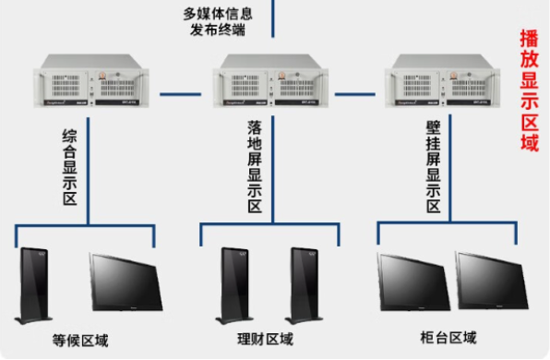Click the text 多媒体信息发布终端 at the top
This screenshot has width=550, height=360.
(x=218, y=20)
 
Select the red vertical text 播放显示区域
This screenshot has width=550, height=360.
(x=529, y=90)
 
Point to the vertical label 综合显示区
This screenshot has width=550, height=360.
(x=69, y=167)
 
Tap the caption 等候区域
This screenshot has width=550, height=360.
(x=80, y=341)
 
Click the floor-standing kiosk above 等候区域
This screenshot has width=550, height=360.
(x=36, y=284)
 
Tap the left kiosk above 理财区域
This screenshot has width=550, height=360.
(x=233, y=284)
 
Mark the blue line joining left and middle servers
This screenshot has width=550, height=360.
(x=182, y=93)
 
